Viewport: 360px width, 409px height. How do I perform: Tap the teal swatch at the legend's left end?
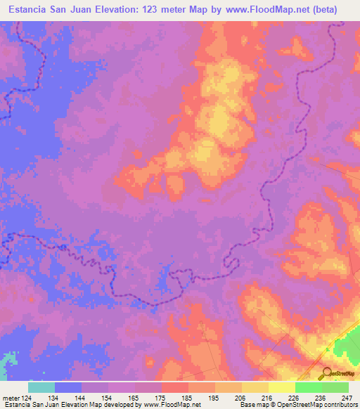[41, 387]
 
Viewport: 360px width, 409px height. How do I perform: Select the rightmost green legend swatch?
[335, 387]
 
